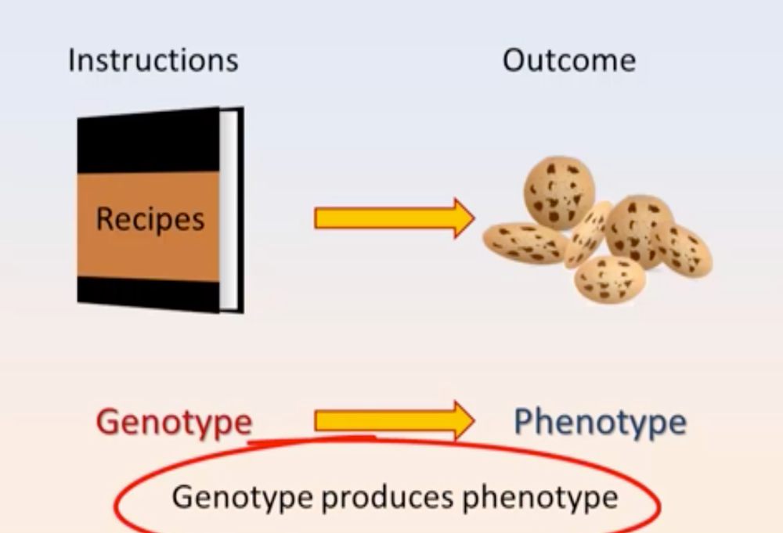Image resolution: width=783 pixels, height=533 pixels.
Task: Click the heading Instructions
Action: pyautogui.click(x=153, y=60)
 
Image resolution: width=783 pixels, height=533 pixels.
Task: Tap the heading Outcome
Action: pyautogui.click(x=568, y=60)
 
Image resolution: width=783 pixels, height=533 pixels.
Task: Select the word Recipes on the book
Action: pyautogui.click(x=150, y=219)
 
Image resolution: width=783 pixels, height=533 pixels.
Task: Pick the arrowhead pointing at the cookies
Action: pyautogui.click(x=463, y=218)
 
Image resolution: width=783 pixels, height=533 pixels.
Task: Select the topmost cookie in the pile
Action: pyautogui.click(x=559, y=191)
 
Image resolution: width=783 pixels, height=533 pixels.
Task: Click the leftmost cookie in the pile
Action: pyautogui.click(x=525, y=243)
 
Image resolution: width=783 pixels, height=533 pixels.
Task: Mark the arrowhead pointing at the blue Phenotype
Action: pyautogui.click(x=463, y=421)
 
